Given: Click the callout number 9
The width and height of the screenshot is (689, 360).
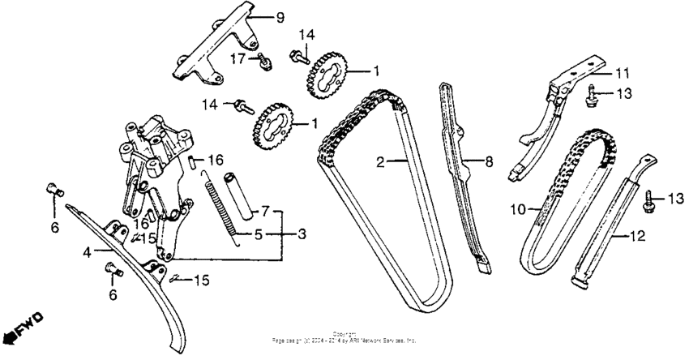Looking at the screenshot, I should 280,17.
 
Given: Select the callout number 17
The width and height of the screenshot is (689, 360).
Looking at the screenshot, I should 240,58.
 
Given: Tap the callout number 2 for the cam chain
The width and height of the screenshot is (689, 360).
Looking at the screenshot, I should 379,163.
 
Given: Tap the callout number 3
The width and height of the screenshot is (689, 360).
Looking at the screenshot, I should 302,234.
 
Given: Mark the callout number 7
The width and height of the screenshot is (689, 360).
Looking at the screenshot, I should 263,211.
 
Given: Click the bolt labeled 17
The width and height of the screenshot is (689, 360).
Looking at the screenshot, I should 264,61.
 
